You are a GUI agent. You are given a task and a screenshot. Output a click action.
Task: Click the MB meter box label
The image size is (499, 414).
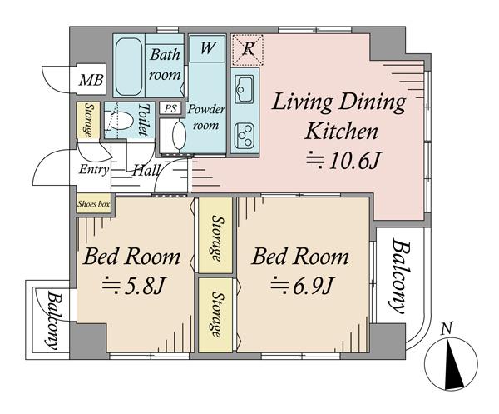point(91,80)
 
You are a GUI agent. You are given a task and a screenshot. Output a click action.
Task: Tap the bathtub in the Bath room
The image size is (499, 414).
point(129,67)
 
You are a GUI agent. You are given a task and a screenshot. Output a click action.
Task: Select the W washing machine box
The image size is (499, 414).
point(207,48)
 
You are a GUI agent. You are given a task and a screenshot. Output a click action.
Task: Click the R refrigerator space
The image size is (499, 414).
point(248,49)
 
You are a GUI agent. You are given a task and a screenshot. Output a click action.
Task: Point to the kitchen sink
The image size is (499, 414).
point(244,89)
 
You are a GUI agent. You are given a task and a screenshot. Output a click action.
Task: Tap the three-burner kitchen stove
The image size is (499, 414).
point(244,136)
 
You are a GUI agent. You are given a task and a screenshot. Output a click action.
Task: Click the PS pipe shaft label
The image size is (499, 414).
point(170,108)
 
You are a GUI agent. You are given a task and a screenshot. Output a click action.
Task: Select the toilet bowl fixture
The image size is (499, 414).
point(119,120)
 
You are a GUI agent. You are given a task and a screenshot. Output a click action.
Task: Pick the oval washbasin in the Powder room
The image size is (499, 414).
point(179,136)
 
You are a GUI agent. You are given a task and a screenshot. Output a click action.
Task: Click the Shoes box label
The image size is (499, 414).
point(93,203)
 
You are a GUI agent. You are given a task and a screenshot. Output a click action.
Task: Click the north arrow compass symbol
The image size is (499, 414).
point(451,364)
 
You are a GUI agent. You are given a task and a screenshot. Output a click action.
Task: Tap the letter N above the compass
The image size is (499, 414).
point(447,328)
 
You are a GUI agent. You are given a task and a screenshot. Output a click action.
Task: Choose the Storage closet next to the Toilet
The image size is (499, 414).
point(88,120)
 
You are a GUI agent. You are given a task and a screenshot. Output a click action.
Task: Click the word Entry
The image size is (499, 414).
point(94,169)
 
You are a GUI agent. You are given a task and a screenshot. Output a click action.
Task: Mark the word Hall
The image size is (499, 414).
point(146,171)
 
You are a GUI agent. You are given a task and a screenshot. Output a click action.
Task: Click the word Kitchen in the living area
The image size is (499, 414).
point(342,131)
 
